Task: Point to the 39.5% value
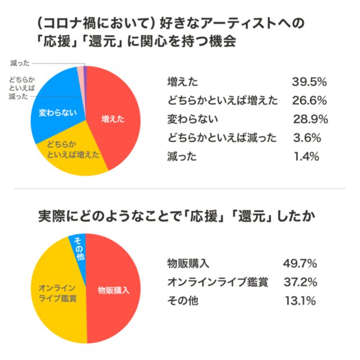[309, 82]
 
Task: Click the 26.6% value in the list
[309, 101]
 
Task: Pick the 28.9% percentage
[309, 119]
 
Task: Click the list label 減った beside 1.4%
[182, 156]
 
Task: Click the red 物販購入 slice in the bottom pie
[112, 291]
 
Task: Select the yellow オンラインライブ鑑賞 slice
[56, 291]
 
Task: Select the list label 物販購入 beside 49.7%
[188, 263]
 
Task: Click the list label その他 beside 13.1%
[182, 300]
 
